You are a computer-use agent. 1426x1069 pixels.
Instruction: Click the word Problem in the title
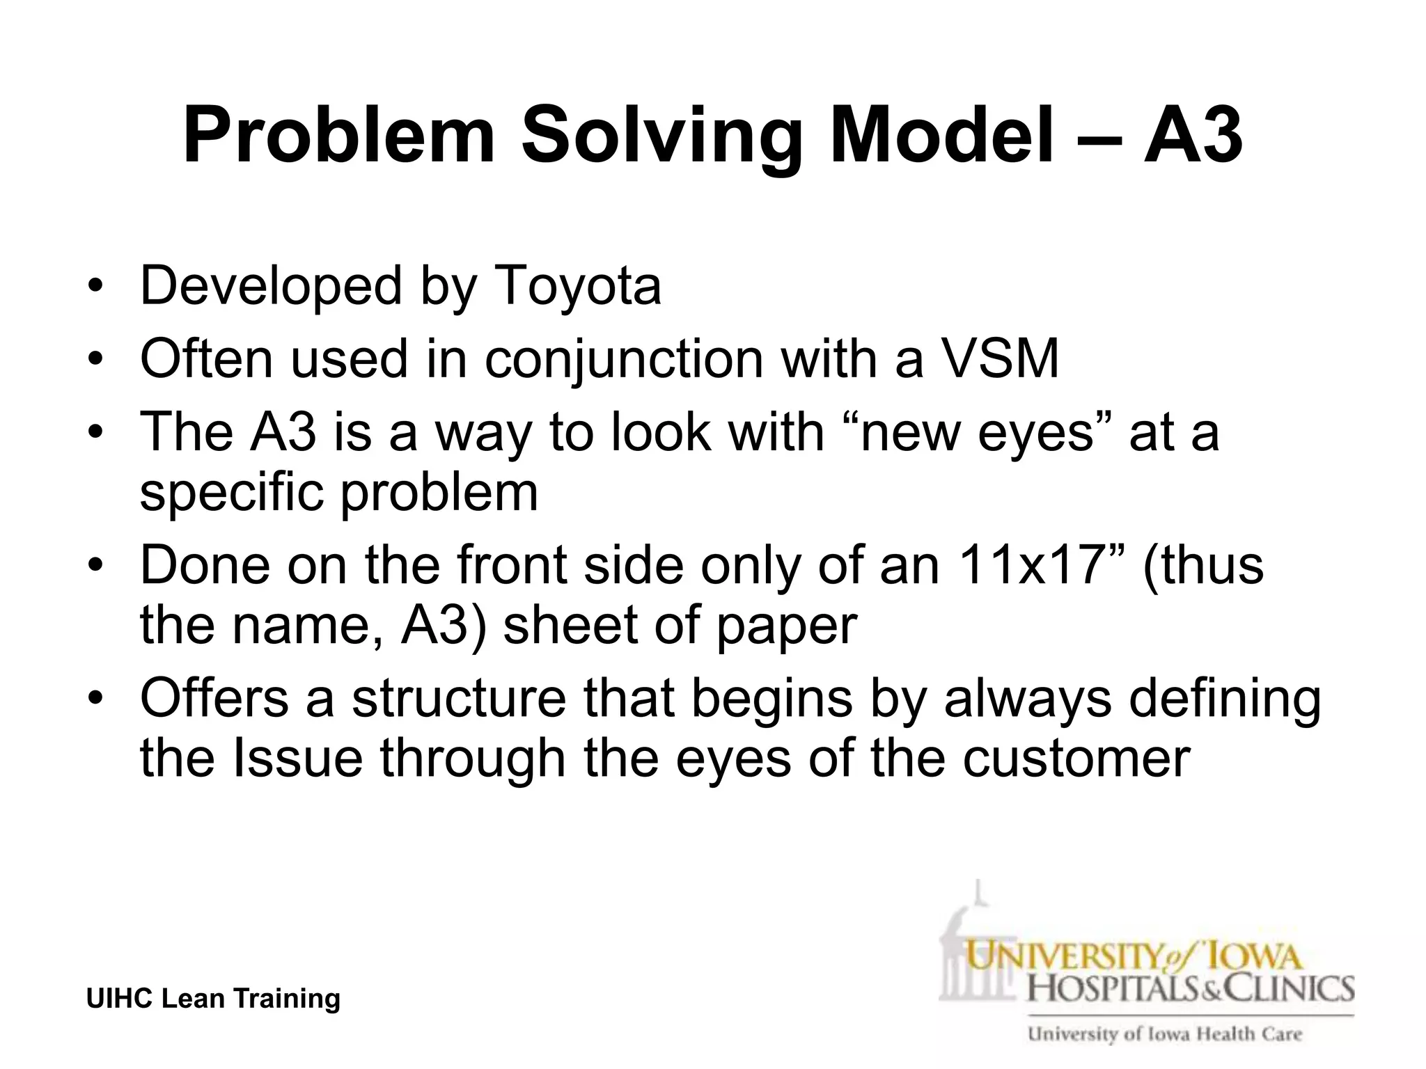(x=338, y=136)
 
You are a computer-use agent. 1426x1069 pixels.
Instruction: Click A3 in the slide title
(x=1192, y=136)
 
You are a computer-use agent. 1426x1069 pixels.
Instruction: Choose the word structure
(x=459, y=699)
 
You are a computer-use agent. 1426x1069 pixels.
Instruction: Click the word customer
(x=1076, y=759)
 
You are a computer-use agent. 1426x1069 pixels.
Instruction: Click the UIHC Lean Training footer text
(x=213, y=998)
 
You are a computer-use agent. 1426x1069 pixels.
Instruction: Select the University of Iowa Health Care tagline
(x=1164, y=1034)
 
